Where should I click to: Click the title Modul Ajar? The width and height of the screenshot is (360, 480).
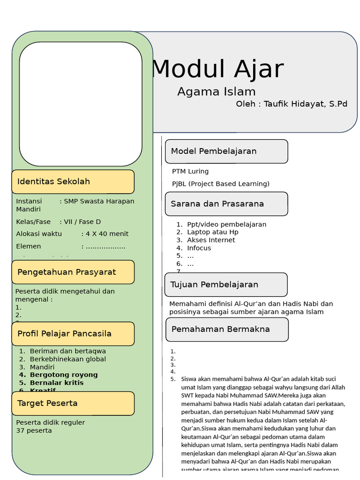click(217, 69)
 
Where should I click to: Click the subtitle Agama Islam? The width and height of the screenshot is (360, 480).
click(216, 92)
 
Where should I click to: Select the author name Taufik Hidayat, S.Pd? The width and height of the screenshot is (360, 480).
click(305, 104)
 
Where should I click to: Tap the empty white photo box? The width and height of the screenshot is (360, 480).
click(81, 104)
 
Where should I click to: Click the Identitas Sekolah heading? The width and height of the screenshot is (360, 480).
click(54, 181)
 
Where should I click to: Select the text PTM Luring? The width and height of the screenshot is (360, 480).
click(190, 172)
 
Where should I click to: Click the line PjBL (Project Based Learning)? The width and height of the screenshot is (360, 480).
click(221, 184)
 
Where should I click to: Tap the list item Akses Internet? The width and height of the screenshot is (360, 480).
click(211, 240)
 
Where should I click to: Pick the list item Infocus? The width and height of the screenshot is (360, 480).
click(199, 248)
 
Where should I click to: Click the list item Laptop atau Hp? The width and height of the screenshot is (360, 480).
click(213, 232)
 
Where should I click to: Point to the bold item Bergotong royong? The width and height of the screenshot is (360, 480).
click(64, 375)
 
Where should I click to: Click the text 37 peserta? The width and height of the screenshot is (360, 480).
click(34, 430)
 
